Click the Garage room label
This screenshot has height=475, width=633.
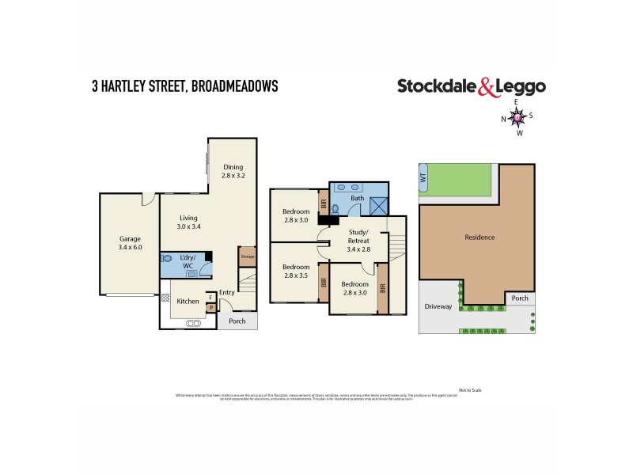click(130, 242)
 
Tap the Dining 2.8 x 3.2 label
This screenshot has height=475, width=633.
click(233, 171)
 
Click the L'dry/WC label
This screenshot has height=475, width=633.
click(188, 261)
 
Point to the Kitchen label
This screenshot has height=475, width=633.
click(188, 301)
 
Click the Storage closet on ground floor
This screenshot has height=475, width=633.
click(247, 257)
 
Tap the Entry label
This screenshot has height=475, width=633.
click(227, 293)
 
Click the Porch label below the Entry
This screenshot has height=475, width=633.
click(237, 321)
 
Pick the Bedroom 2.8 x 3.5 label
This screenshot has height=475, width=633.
click(296, 272)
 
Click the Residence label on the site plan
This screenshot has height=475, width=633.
click(479, 237)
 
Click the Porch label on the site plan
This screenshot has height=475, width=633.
click(520, 298)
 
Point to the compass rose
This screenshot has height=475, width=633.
click(517, 117)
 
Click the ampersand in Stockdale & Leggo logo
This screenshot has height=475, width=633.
click(488, 87)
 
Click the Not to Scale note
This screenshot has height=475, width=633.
click(469, 390)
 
